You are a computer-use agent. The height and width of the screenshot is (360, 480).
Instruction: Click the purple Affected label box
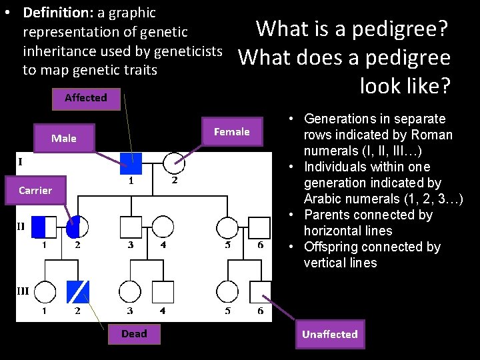(x=86, y=98)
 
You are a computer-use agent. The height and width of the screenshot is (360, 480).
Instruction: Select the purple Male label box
(x=64, y=139)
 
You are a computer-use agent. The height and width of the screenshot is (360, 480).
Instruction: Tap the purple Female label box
(x=231, y=132)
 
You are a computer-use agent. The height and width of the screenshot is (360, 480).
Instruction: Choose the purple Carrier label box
(x=35, y=191)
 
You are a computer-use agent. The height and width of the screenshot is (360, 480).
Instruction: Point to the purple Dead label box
(x=134, y=334)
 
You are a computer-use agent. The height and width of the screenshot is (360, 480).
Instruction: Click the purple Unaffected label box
(x=329, y=335)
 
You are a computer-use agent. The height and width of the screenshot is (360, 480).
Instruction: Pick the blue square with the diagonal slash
(x=77, y=291)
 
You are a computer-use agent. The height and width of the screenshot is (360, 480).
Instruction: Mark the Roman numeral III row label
(x=23, y=291)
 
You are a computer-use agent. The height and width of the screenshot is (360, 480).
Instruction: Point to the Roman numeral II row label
(x=21, y=227)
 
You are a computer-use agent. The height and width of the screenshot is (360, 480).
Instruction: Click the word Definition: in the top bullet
(x=55, y=13)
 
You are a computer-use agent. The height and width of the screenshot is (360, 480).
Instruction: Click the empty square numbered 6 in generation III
(x=260, y=291)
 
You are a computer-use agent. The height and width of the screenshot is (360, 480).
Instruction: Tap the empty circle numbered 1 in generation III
(x=44, y=291)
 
